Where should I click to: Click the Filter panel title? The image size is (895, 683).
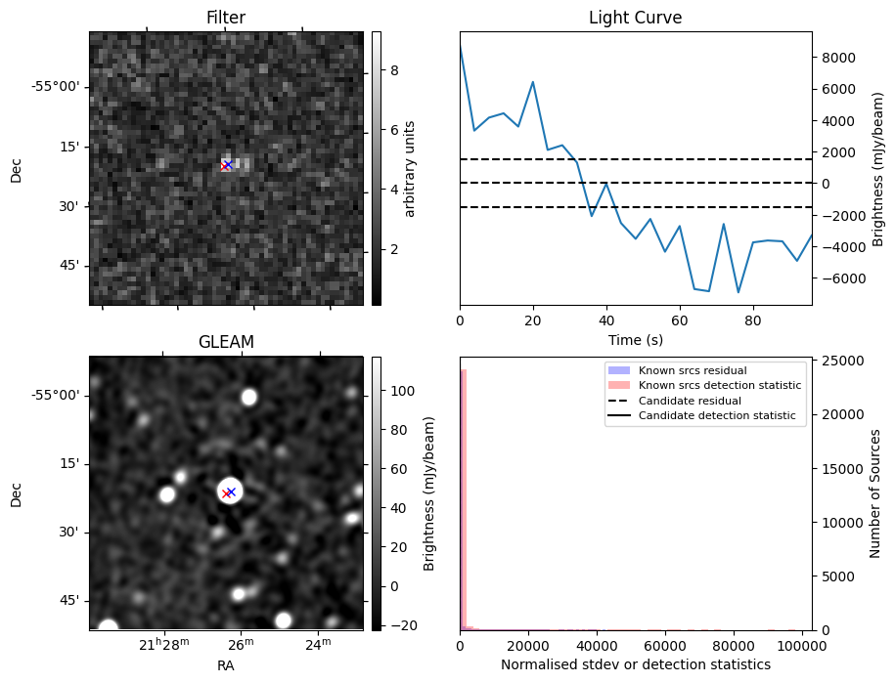click(x=226, y=18)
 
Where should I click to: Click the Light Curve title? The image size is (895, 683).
click(x=635, y=18)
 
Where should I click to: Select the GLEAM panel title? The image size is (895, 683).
click(x=226, y=342)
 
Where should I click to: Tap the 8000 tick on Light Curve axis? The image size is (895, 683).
click(x=838, y=58)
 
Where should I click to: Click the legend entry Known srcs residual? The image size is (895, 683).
click(x=693, y=371)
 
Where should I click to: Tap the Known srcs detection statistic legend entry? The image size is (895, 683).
click(x=719, y=386)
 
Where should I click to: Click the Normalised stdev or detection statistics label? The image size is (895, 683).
click(x=635, y=664)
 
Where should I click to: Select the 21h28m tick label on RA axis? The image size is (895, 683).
click(x=163, y=644)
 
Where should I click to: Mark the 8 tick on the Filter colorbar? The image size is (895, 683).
click(x=393, y=70)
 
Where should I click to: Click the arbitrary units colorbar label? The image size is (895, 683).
click(x=411, y=168)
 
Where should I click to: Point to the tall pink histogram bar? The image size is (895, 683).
click(x=464, y=498)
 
